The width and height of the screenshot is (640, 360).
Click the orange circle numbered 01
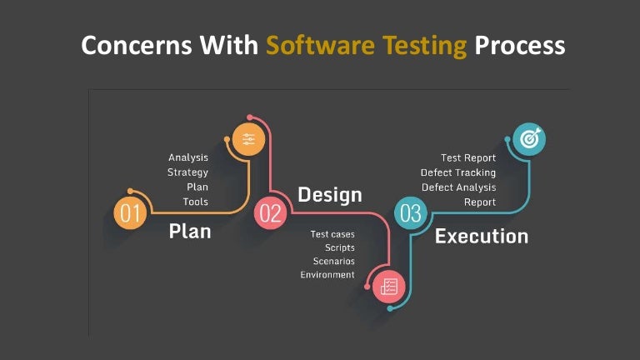tap(131, 213)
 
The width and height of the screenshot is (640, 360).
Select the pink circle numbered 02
tap(271, 213)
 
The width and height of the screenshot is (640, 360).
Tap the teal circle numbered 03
tap(410, 213)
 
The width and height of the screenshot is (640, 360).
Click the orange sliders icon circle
tap(248, 140)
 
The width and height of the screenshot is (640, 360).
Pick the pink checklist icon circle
tap(388, 286)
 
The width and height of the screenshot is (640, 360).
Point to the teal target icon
tap(528, 140)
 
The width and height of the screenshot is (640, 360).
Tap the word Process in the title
tap(519, 45)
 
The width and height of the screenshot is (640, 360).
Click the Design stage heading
tap(330, 195)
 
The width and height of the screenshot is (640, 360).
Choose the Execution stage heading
tap(482, 236)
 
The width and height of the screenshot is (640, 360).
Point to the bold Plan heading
tap(190, 231)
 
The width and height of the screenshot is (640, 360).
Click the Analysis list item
tap(188, 157)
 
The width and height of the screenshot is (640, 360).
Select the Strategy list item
tap(187, 172)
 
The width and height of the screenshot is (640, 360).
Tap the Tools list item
tap(196, 202)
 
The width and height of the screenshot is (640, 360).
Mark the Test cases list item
tap(332, 234)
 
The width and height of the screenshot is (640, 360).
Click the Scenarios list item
tap(333, 261)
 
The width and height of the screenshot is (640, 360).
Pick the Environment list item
tap(327, 275)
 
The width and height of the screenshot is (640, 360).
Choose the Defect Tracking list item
tap(457, 172)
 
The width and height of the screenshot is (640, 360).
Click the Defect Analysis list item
tap(458, 187)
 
